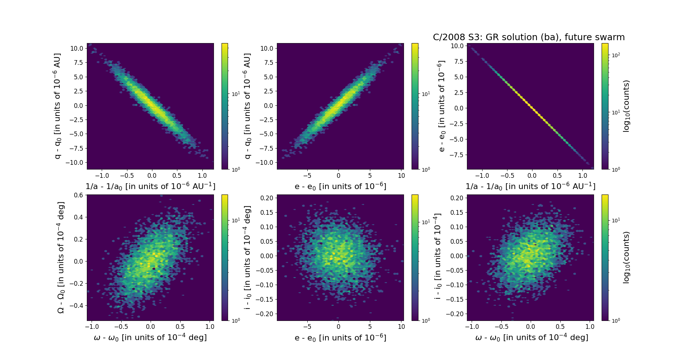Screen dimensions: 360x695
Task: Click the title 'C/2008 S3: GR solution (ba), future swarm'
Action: [528, 37]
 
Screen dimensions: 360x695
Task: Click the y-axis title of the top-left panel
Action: [58, 106]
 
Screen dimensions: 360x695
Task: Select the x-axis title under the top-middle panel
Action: [340, 187]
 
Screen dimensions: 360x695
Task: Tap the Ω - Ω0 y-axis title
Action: [61, 257]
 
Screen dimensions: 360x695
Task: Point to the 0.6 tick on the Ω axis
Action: [79, 195]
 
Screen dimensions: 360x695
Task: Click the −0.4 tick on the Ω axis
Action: [77, 306]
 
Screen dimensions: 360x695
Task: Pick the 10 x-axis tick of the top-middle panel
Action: [401, 176]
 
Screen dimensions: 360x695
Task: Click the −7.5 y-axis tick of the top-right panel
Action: [456, 155]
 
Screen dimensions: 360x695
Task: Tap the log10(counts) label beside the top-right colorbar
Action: [626, 106]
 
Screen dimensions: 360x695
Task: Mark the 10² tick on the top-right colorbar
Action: [616, 55]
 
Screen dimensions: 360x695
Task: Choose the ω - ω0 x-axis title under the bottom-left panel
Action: [150, 338]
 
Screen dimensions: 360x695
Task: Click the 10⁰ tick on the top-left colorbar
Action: [236, 169]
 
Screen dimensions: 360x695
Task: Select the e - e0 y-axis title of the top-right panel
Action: [441, 106]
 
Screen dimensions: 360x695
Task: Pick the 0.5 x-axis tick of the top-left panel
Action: [177, 176]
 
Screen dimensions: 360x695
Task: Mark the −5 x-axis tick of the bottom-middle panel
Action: [307, 327]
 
